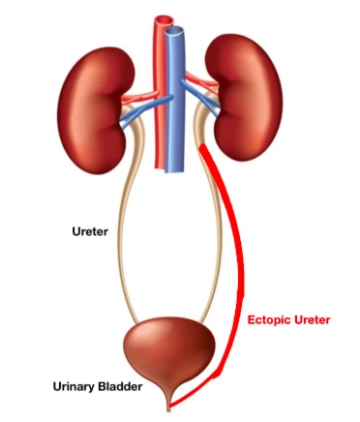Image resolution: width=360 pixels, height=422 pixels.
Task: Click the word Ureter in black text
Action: pyautogui.click(x=91, y=231)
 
